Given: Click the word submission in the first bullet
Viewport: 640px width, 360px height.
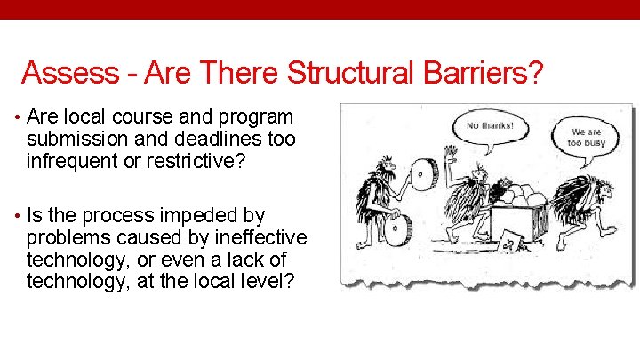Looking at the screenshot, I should point(75,139).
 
